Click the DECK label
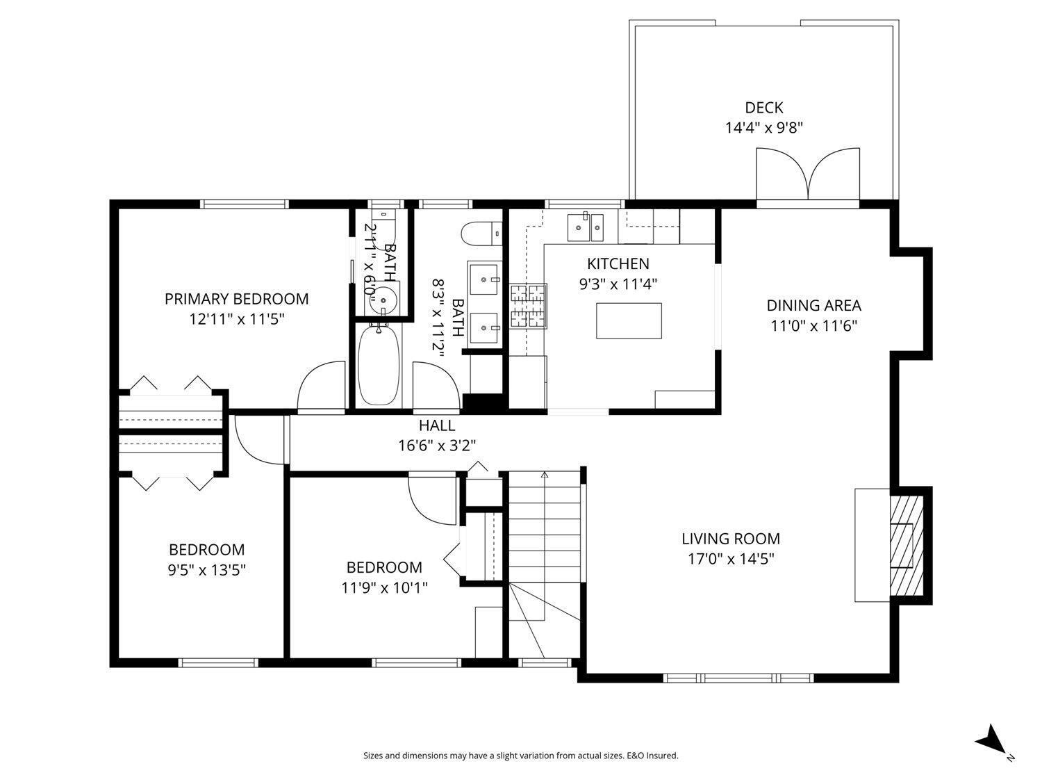[x=763, y=108]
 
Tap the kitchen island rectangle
[x=629, y=320]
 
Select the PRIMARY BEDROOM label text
[x=236, y=299]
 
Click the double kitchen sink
[x=586, y=227]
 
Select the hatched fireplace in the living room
[x=907, y=546]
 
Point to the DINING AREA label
[x=813, y=305]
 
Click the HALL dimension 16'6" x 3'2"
[x=437, y=446]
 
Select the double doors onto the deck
[x=808, y=175]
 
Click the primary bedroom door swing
[x=321, y=386]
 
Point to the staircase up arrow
[x=545, y=476]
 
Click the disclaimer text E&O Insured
[x=652, y=756]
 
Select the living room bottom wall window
[x=738, y=677]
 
